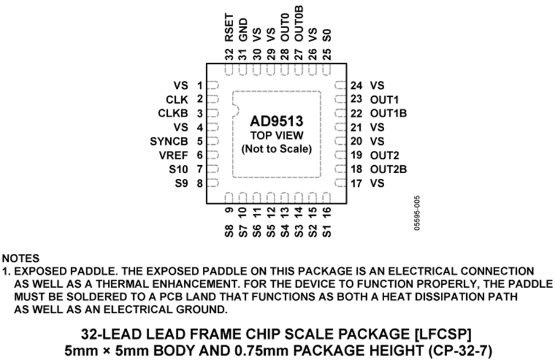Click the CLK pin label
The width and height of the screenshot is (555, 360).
(x=176, y=99)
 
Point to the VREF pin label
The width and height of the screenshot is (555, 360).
(x=173, y=155)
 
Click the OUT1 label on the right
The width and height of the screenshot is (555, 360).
(x=385, y=99)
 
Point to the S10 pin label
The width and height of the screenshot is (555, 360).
(x=177, y=169)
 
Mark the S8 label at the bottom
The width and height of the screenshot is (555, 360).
(x=229, y=232)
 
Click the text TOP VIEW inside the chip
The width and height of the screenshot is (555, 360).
(x=276, y=135)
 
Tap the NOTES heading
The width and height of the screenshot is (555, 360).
(x=21, y=258)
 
